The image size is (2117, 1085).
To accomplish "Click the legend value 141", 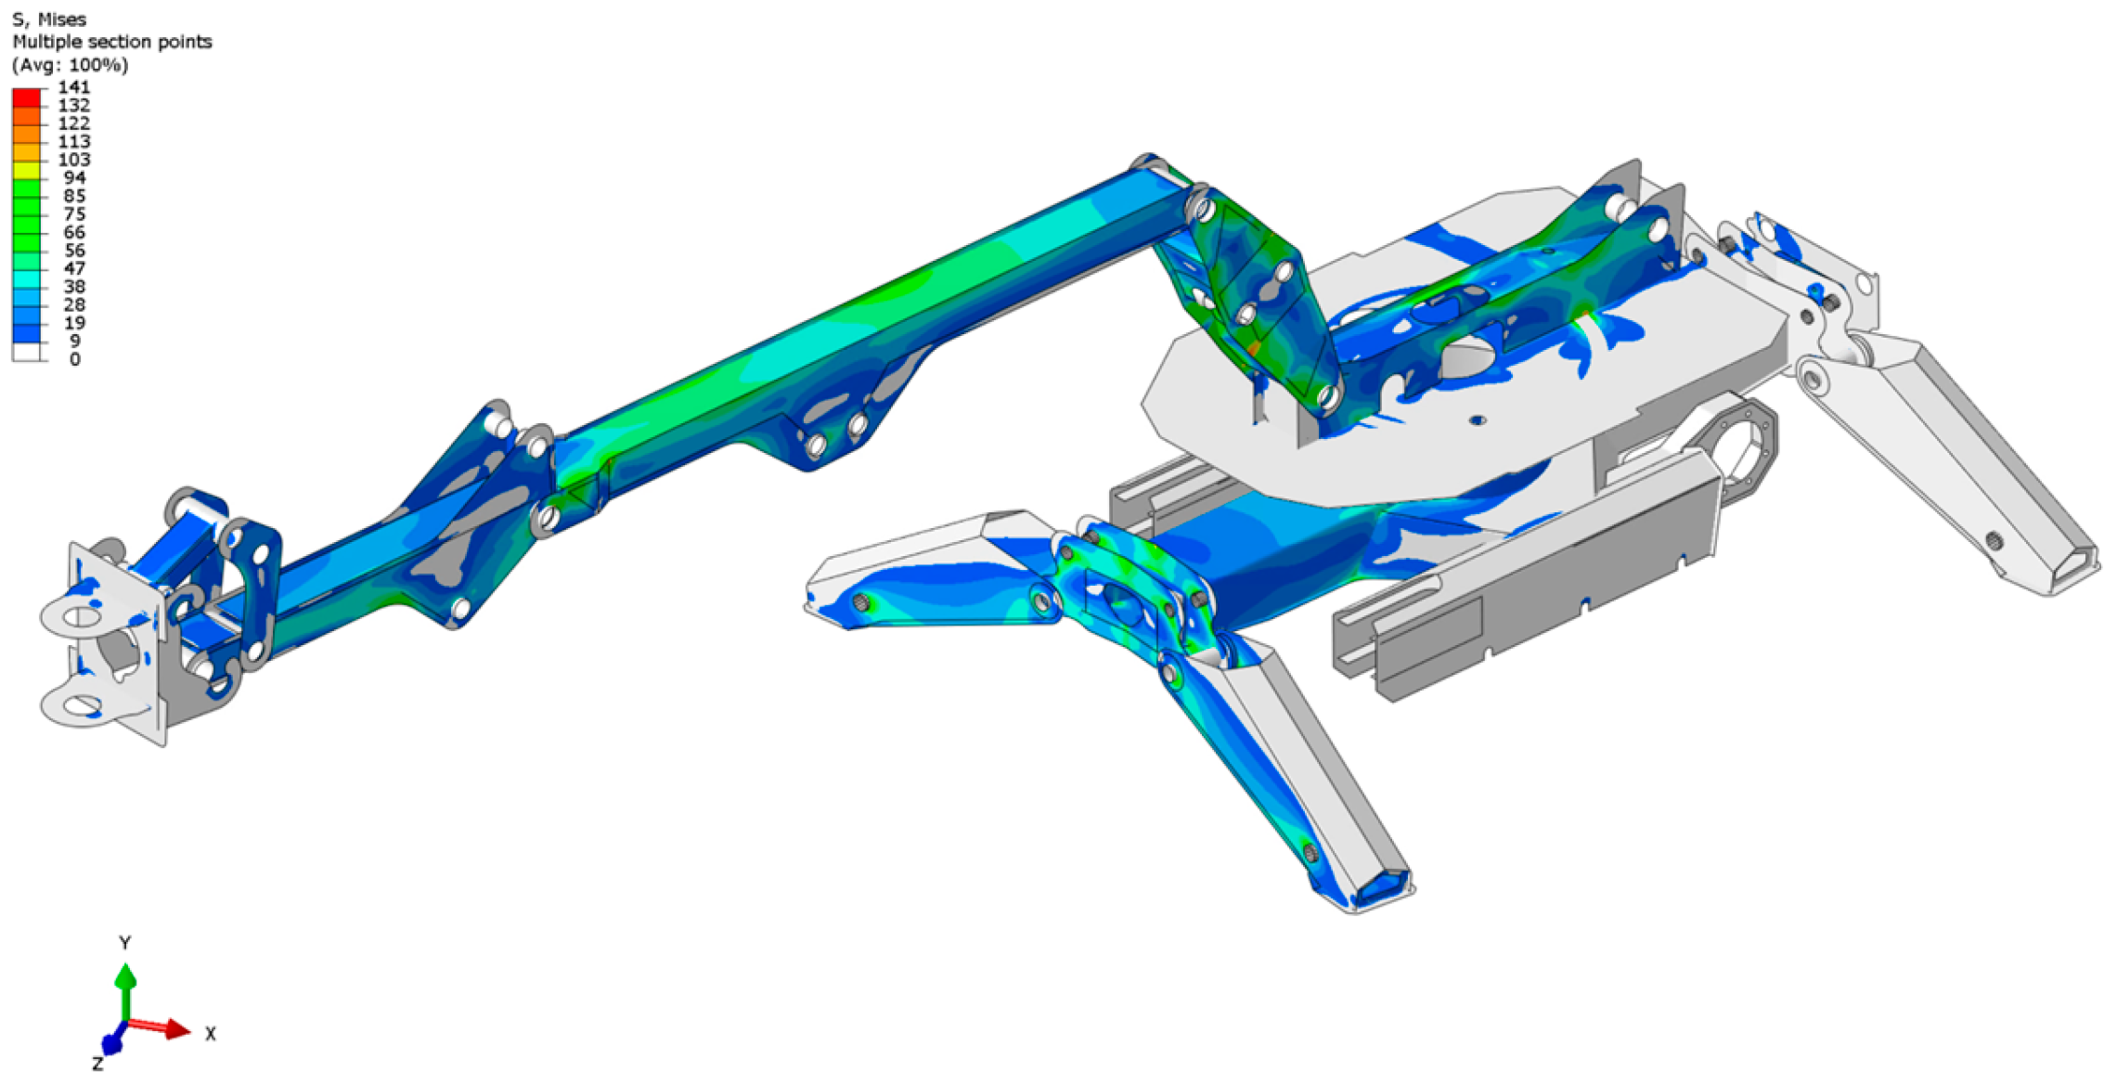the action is click(x=74, y=87).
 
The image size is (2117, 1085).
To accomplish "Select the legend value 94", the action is click(x=74, y=178).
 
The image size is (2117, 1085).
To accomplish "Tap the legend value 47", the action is click(x=74, y=269).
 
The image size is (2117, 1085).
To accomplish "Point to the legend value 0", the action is click(x=75, y=360).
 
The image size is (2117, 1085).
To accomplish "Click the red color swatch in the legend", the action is click(x=26, y=97).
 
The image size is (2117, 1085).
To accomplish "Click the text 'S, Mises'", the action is click(x=49, y=19).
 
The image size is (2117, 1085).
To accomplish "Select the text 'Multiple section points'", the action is click(x=112, y=42).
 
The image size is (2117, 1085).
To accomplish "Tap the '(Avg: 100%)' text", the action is click(x=71, y=65).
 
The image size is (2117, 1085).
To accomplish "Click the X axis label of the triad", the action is click(x=211, y=1034).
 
